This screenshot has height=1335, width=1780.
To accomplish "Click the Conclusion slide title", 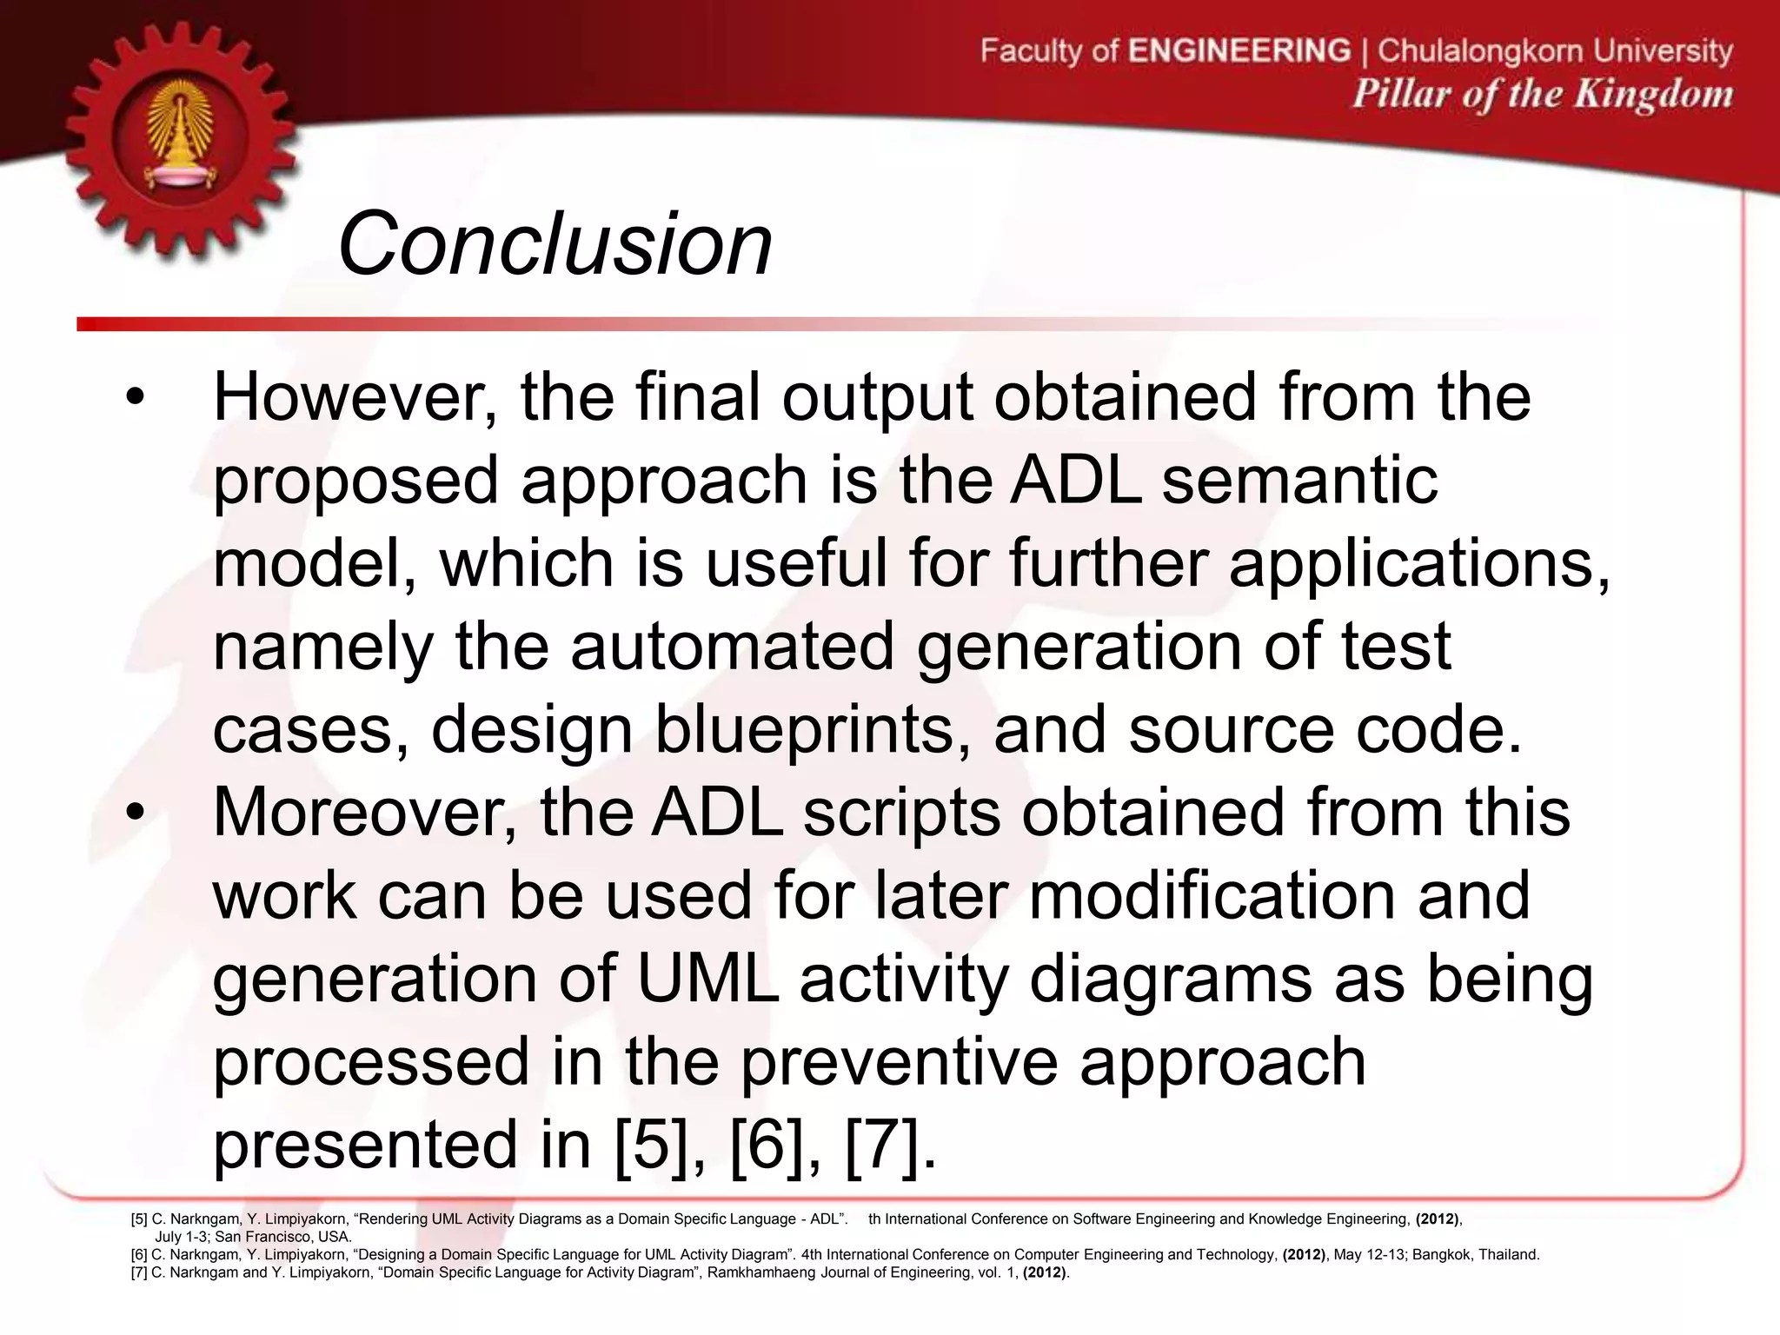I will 555,246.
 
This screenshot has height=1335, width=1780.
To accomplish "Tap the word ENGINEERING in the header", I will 1239,50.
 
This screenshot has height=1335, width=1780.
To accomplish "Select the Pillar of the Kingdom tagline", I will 1542,94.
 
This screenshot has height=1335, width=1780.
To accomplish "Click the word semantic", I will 1299,481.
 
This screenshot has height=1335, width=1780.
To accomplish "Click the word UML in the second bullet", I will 707,980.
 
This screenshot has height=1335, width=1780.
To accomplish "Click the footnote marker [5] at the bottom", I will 139,1219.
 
